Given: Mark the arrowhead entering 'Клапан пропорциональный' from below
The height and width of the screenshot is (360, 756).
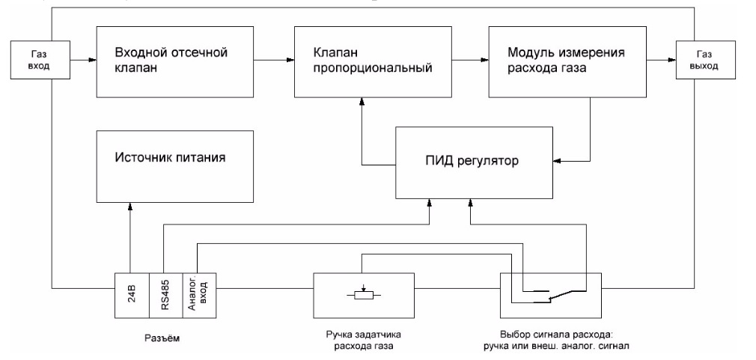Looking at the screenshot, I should click(363, 104).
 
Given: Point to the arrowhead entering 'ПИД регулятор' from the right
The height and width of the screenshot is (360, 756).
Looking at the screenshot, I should click(557, 159).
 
